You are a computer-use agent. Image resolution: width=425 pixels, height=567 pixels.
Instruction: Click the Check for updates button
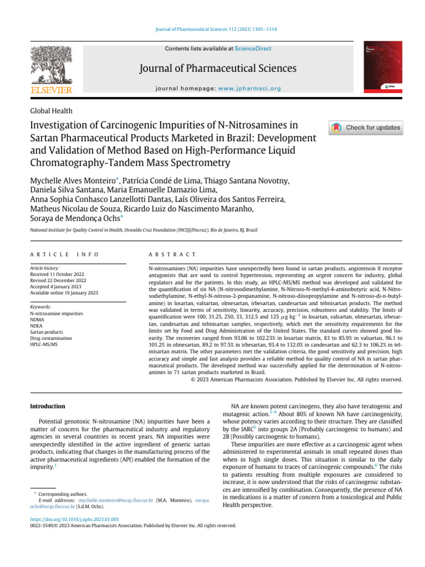(x=366, y=128)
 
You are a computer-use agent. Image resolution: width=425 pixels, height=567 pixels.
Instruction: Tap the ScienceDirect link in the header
(x=253, y=49)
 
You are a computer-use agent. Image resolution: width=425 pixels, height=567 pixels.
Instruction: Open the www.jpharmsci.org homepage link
(x=250, y=88)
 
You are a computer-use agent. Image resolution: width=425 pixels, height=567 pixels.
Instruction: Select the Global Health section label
(x=51, y=111)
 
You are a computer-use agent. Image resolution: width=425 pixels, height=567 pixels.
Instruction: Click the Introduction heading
(x=47, y=406)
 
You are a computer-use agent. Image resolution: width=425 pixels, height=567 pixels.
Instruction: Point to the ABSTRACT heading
(x=172, y=254)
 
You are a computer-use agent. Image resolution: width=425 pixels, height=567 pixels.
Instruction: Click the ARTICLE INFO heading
(x=64, y=254)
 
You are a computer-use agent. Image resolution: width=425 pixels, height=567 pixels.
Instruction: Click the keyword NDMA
(x=38, y=320)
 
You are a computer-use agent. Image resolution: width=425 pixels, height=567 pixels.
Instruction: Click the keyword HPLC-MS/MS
(x=44, y=344)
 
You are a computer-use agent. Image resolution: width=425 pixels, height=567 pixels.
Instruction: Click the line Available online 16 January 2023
(x=64, y=292)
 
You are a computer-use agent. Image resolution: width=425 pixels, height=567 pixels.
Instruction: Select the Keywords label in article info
(x=40, y=307)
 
